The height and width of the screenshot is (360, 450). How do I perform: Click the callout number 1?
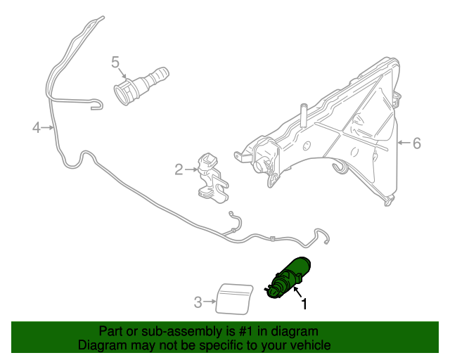click(x=304, y=305)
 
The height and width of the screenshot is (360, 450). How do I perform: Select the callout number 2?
click(x=179, y=169)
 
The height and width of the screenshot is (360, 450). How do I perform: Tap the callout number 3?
click(x=198, y=302)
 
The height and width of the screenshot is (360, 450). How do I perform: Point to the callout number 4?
click(x=36, y=127)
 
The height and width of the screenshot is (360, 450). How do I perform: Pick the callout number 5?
click(x=115, y=62)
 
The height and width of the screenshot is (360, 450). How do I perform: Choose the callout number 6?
click(x=416, y=143)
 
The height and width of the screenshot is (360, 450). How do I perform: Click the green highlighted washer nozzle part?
click(x=287, y=279)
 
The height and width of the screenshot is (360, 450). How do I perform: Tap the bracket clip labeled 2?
click(x=211, y=176)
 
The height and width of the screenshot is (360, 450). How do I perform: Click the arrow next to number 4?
click(x=48, y=127)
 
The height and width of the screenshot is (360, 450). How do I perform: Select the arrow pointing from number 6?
click(x=404, y=143)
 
